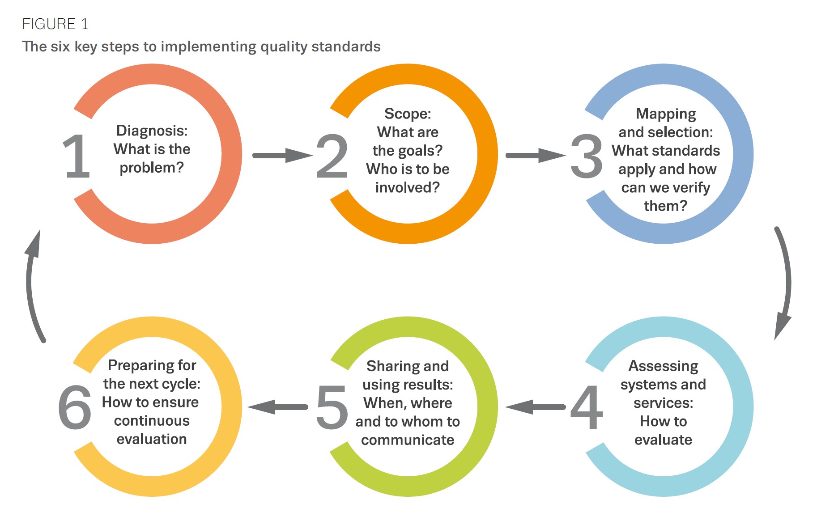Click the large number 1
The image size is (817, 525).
point(77,156)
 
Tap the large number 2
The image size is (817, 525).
point(332,156)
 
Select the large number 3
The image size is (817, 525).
point(586,156)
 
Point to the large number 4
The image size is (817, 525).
point(586,407)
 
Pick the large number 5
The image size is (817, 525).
point(332,407)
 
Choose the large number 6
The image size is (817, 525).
point(75,407)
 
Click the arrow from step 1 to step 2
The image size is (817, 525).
point(282,156)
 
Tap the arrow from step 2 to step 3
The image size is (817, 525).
point(535,156)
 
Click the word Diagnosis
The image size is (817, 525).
point(151,131)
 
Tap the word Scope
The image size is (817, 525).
point(407,114)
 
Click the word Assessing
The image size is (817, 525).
point(663,366)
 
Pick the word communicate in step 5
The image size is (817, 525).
point(408,440)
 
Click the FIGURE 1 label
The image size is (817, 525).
point(55,24)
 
